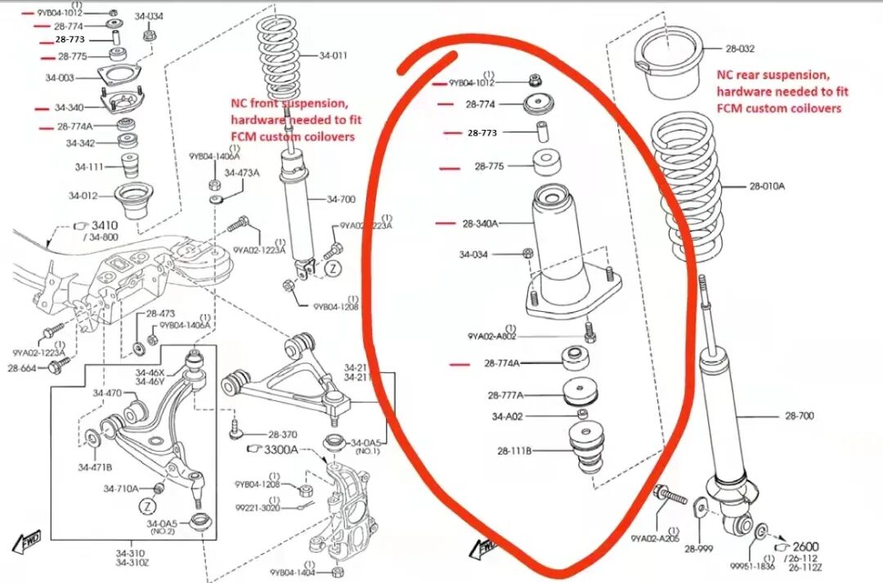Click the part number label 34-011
point(333,56)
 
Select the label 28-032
point(740,48)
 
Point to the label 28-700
point(800,416)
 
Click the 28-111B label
point(514,450)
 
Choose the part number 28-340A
point(480,223)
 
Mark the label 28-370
point(282,435)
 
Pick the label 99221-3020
point(257,507)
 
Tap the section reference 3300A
point(280,450)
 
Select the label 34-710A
point(120,488)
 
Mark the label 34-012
point(83,195)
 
